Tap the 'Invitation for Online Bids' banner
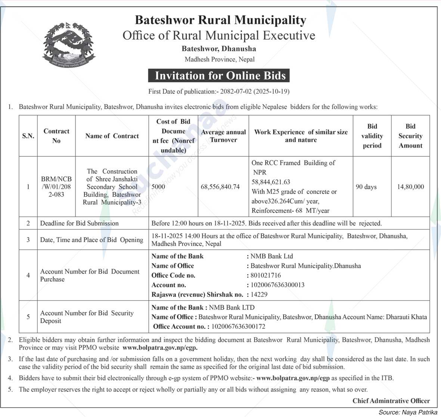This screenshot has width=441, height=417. coord(220,76)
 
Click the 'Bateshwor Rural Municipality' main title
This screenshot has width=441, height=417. coord(220,20)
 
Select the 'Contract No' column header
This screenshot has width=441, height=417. coord(56,136)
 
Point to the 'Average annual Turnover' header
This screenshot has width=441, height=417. coord(223,136)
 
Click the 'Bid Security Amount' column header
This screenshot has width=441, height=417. coord(410,136)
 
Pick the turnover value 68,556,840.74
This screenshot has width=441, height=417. coord(220,187)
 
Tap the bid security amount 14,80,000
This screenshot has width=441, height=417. coord(410,187)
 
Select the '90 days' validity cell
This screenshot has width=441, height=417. coord(366,187)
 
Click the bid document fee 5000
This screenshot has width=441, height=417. coord(158,187)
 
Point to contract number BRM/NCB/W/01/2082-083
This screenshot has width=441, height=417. coord(56,187)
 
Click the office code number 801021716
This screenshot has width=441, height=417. coord(265,275)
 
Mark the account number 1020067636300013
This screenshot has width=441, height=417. coord(277,285)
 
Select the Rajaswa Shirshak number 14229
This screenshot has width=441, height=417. coord(259,294)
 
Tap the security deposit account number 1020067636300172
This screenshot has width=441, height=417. coord(238,326)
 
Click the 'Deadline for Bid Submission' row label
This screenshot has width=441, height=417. coord(80,223)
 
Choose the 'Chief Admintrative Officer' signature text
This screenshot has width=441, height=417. coord(391,401)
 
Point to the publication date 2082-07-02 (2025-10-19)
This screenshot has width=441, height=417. coord(255,91)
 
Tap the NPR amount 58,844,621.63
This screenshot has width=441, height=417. coord(271,182)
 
